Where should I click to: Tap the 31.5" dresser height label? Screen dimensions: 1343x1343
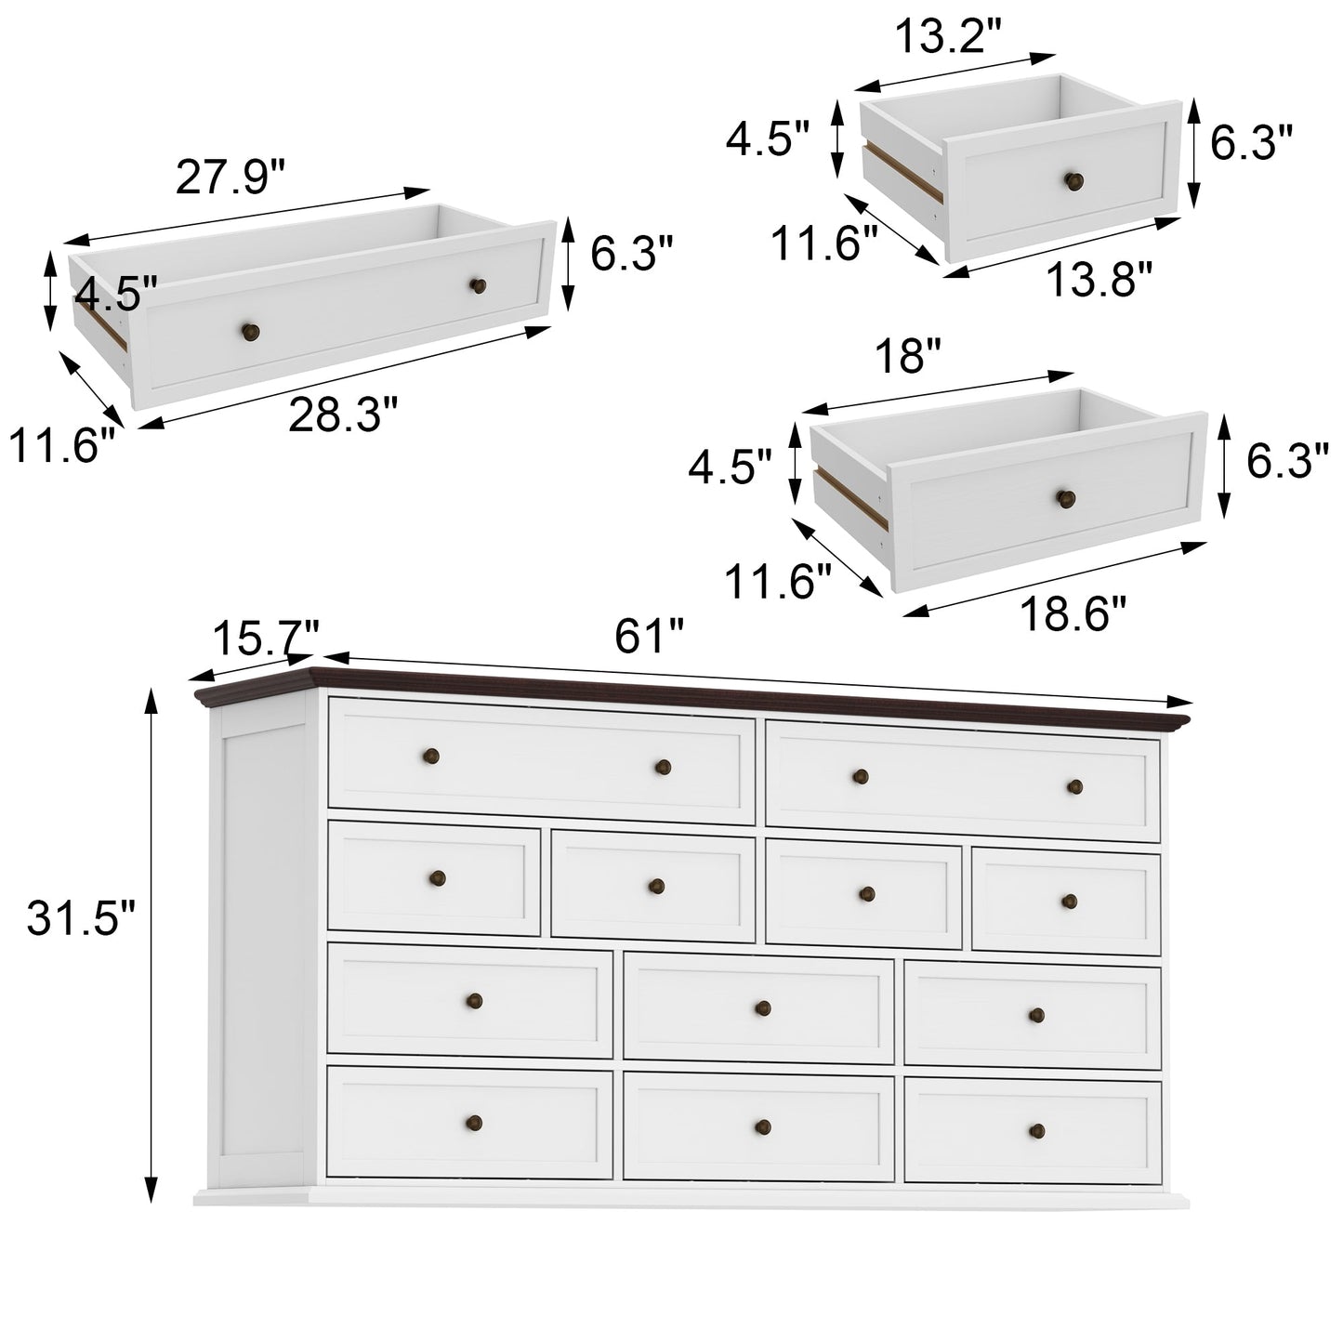pyautogui.click(x=81, y=920)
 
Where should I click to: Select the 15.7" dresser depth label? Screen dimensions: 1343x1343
pyautogui.click(x=266, y=639)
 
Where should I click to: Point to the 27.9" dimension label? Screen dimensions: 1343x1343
pyautogui.click(x=230, y=177)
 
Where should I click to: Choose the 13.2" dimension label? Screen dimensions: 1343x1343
pyautogui.click(x=947, y=38)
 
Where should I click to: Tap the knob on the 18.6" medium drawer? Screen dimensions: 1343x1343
pyautogui.click(x=1065, y=498)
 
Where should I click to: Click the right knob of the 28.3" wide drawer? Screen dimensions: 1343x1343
pyautogui.click(x=478, y=285)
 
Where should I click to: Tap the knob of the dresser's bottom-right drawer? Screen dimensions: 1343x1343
pyautogui.click(x=1037, y=1130)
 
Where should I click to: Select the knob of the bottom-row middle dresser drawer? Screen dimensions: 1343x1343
pyautogui.click(x=763, y=1126)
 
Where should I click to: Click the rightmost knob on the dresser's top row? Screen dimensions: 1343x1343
pyautogui.click(x=1074, y=786)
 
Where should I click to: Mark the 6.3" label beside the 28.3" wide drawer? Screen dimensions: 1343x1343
pyautogui.click(x=630, y=254)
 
